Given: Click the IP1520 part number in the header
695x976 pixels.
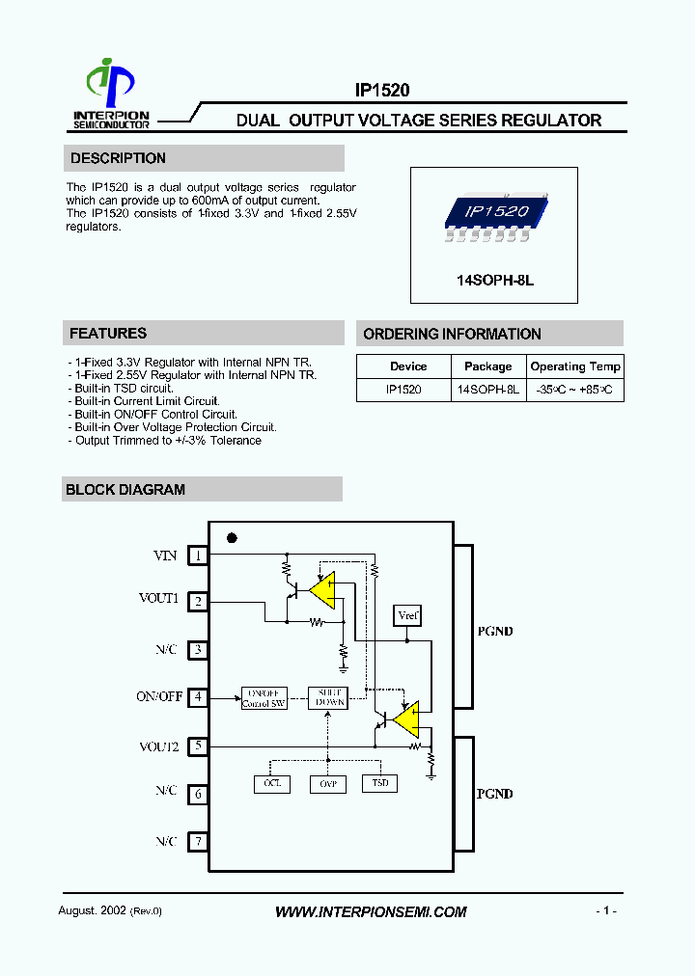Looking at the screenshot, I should click(x=382, y=91).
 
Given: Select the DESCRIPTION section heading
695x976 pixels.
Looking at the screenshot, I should click(x=118, y=158).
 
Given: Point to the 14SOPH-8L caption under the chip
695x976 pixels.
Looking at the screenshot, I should click(x=494, y=280).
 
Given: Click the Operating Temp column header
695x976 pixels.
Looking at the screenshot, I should click(x=575, y=366).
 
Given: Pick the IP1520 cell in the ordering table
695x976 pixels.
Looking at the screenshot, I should click(x=403, y=390).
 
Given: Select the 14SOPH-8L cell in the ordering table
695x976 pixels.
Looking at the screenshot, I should click(x=487, y=390).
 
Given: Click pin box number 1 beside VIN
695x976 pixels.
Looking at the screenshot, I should click(x=197, y=555).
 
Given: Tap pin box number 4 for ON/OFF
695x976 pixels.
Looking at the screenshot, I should click(x=197, y=696).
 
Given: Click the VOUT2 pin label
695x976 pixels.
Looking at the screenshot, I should click(x=158, y=746).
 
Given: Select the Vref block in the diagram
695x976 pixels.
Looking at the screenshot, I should click(x=407, y=615).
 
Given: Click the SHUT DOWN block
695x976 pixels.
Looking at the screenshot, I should click(x=326, y=698).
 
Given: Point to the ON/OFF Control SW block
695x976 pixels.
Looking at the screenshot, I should click(x=264, y=698).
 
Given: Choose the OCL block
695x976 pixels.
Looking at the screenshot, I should click(x=271, y=784).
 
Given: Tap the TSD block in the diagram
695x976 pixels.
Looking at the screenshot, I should click(x=379, y=784).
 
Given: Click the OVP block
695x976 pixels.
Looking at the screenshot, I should click(x=326, y=784).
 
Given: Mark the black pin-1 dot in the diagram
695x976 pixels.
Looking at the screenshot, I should click(x=232, y=538).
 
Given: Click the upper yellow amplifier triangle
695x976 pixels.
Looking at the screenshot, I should click(x=323, y=590).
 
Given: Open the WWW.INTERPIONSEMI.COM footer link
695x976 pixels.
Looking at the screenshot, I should click(x=371, y=911).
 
